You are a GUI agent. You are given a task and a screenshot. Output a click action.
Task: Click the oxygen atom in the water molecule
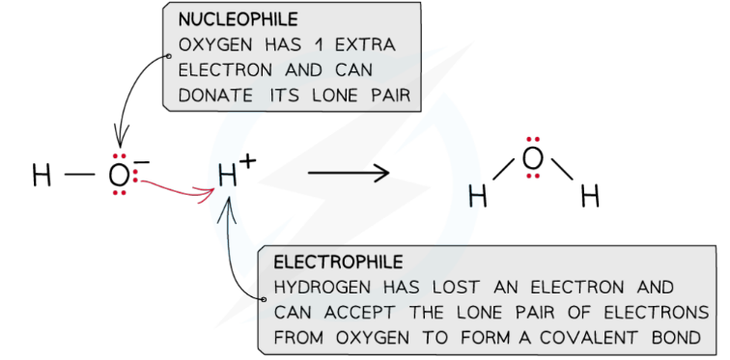[x=532, y=159]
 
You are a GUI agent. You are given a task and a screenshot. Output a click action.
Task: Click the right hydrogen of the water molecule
[x=590, y=198]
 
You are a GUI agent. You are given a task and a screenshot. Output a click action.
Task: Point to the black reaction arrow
[x=349, y=174]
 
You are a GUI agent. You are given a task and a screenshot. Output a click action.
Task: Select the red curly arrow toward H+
[x=179, y=186]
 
